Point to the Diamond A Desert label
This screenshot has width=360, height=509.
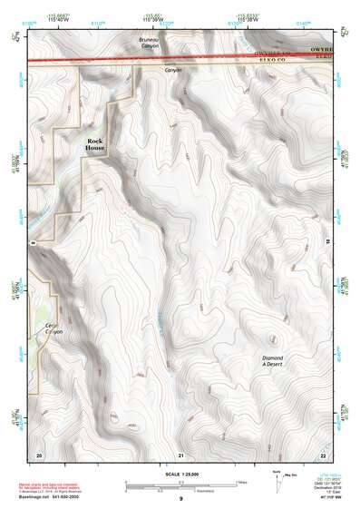pos(273,360)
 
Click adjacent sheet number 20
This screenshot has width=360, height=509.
pos(39,454)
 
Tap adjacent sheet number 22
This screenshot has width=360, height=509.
pos(322,454)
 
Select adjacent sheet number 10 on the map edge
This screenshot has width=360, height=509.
pos(326,242)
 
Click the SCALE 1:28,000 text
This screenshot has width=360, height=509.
pos(180,474)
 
